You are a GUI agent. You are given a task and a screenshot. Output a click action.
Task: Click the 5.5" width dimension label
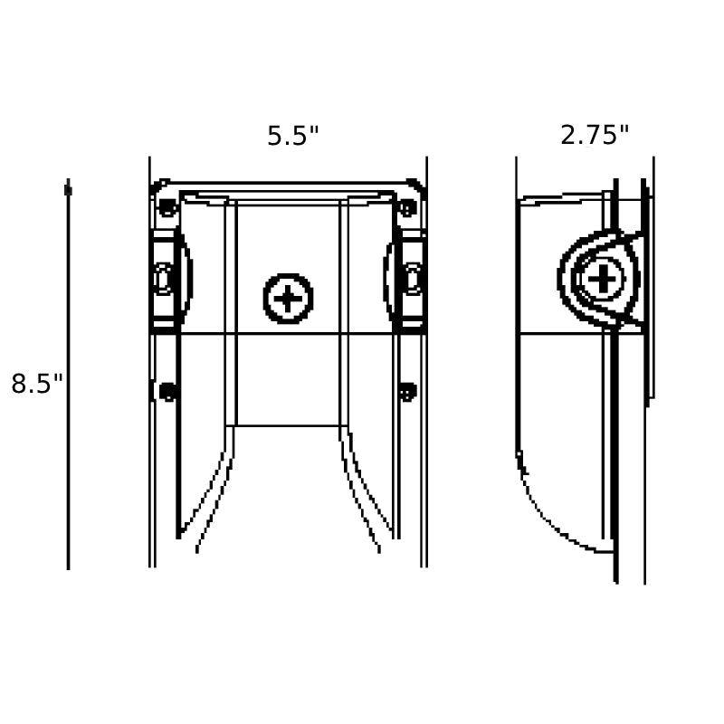coord(292,137)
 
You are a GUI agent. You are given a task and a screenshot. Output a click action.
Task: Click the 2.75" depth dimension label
coord(595,135)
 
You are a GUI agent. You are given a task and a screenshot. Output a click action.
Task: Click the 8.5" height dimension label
coord(36,383)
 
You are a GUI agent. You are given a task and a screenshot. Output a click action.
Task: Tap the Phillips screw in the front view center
coord(288,299)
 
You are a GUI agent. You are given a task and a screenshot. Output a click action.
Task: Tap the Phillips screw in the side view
coord(602,279)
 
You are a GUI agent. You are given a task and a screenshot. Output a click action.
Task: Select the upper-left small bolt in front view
coord(167,208)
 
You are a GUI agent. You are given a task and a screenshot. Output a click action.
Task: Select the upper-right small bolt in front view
coord(407,208)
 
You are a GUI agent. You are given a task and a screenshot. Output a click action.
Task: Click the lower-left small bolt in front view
coord(167,392)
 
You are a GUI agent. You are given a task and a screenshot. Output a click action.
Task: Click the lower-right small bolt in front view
coord(407,392)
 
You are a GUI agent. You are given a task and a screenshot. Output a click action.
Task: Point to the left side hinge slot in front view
coord(162,279)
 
